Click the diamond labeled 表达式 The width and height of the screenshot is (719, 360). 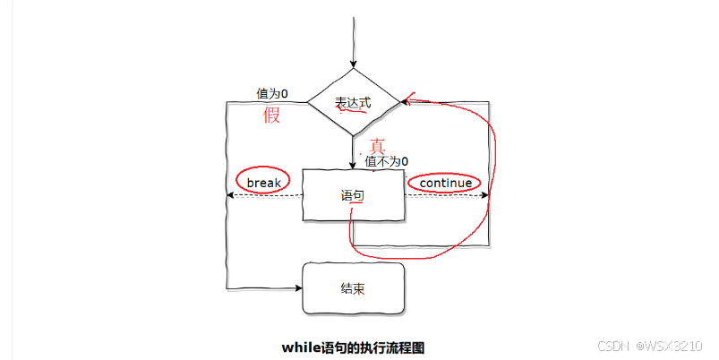pos(353,102)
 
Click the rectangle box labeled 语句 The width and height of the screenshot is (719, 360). pos(353,194)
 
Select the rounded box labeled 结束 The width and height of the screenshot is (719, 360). pos(353,288)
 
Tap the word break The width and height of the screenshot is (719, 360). pos(264,183)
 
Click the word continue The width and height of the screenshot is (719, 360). pos(445,183)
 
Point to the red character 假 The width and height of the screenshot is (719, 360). pos(271,116)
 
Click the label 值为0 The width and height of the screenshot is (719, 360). pos(271,93)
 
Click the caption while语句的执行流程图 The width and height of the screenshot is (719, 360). pos(353,346)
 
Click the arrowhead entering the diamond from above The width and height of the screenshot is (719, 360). pos(353,64)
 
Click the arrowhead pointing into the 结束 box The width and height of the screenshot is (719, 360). pos(298,288)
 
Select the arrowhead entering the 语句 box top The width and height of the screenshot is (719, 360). pos(353,166)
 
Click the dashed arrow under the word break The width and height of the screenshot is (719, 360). pos(264,195)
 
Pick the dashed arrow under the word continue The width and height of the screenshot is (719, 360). pos(445,195)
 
